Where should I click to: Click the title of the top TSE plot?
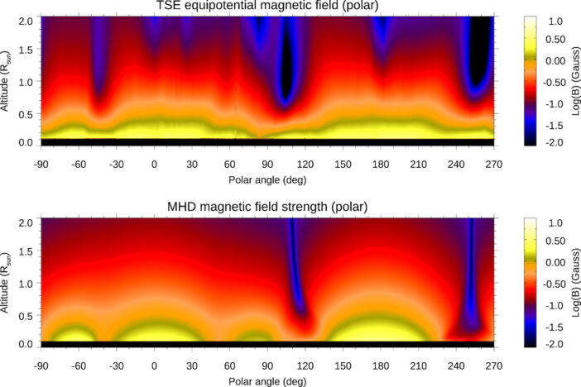[x=268, y=7]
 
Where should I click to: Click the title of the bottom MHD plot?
[x=268, y=206]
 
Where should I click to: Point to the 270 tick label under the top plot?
[x=494, y=155]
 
